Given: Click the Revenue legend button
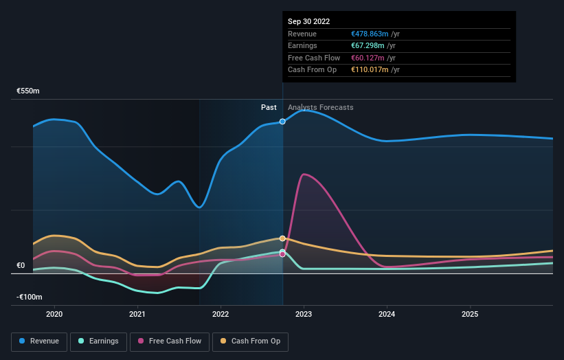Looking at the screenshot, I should pos(39,341).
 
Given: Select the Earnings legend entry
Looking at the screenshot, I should pos(98,341).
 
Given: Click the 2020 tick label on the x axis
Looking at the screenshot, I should pos(54,314).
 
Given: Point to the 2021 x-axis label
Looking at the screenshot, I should pos(137,314).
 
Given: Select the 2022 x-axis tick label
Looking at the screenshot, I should pos(221,314).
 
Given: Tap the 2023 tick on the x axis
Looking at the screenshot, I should pos(304,314).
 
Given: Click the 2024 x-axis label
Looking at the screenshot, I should pos(387,314).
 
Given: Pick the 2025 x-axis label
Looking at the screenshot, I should pos(470,314).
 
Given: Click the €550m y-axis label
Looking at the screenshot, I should pos(28,91).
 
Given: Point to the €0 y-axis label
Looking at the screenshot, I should pos(21,265).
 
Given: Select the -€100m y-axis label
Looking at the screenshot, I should pos(30,297).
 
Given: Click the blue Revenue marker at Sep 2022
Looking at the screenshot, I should pos(282,122).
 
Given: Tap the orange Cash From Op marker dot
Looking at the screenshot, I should pos(282,238).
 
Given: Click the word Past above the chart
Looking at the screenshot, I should pos(269,107).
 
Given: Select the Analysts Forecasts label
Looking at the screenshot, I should pos(321,107).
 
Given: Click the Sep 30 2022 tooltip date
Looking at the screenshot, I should pos(308,21).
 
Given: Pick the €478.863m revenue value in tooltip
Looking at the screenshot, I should pos(370,34).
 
